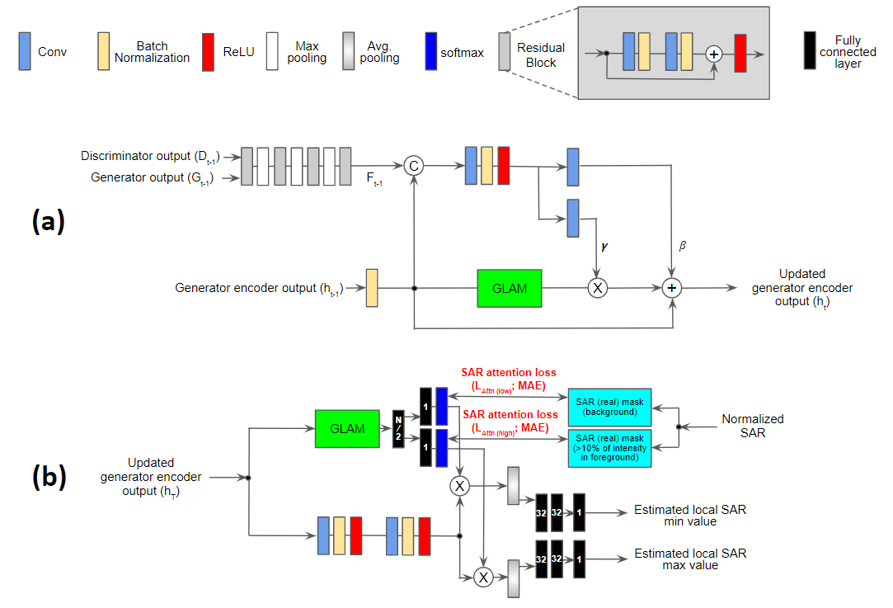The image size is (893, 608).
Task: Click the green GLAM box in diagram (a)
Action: click(510, 288)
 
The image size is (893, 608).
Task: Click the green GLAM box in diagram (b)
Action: click(347, 428)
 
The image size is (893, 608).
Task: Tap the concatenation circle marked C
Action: click(414, 167)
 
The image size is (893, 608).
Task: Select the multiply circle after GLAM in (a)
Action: click(595, 288)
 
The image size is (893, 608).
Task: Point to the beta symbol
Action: click(681, 245)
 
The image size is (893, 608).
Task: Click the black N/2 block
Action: click(399, 429)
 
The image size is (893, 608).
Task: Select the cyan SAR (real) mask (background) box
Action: click(609, 406)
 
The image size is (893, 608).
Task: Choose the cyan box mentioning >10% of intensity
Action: click(609, 448)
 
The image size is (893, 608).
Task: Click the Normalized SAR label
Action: click(753, 426)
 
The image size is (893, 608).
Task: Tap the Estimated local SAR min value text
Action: click(689, 515)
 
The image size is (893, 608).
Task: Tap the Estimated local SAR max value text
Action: click(689, 559)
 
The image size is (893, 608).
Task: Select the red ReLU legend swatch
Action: click(208, 51)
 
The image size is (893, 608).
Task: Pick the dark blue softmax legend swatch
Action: click(430, 51)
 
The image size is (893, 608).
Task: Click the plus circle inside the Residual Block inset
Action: click(714, 54)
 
